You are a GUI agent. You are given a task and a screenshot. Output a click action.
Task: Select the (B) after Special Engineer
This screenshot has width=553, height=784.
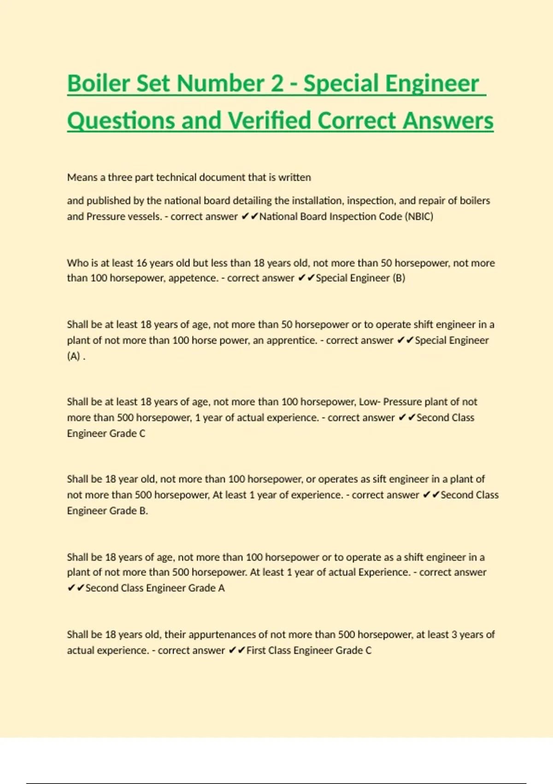click(399, 278)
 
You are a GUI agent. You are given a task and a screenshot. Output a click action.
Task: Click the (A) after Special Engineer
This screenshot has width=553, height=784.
click(74, 356)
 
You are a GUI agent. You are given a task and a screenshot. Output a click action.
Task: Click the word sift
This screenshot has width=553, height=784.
click(378, 479)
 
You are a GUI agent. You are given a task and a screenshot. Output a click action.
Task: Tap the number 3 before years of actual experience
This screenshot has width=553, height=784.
click(454, 635)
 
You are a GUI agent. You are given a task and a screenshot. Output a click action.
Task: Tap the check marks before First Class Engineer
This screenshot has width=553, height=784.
click(237, 650)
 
